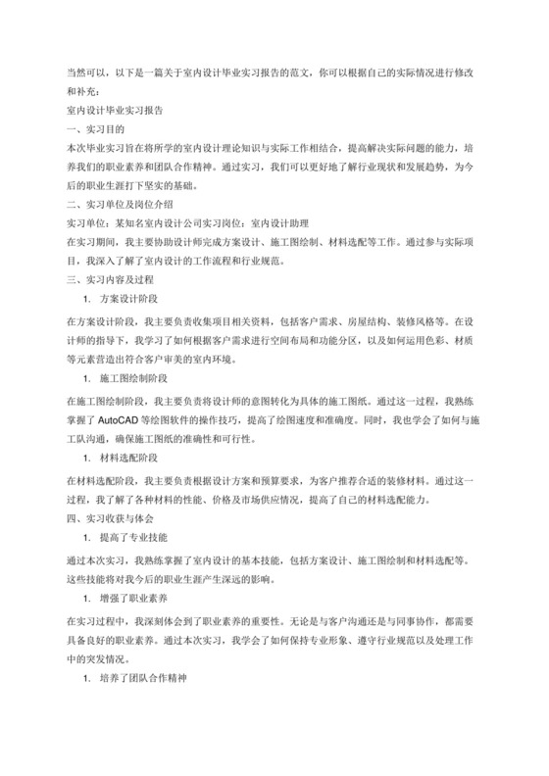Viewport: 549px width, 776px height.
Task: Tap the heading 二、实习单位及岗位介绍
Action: [x=119, y=205]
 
